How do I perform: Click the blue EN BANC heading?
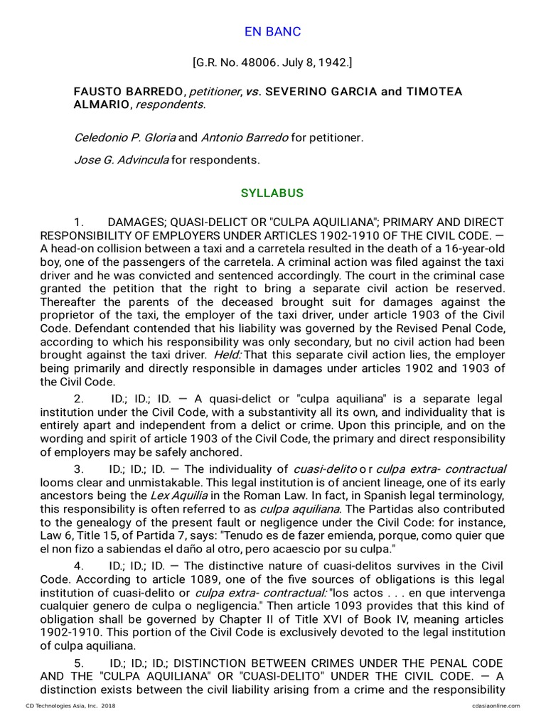(x=272, y=32)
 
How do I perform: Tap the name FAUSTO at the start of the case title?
(x=96, y=92)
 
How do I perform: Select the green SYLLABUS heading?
(x=272, y=193)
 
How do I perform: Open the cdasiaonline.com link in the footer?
(x=496, y=706)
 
